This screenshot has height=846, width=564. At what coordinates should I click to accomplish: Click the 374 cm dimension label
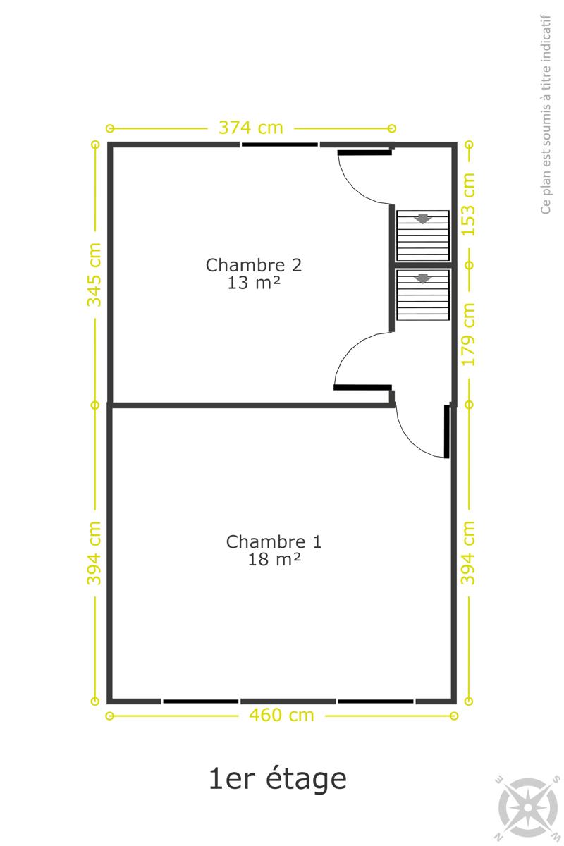[x=251, y=128]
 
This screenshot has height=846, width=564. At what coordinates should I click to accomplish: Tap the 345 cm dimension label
[x=94, y=274]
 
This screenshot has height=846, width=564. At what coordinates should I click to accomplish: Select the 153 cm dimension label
[x=468, y=204]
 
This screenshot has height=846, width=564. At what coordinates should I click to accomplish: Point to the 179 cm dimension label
[x=468, y=334]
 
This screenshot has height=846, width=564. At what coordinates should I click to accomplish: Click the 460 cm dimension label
[x=281, y=715]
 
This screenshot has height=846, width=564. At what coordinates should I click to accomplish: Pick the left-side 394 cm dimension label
[x=94, y=553]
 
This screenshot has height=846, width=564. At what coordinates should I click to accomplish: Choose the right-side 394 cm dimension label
[x=468, y=553]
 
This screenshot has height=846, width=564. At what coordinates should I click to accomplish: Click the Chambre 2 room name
[x=254, y=265]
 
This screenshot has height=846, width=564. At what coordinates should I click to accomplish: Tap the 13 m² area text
[x=254, y=283]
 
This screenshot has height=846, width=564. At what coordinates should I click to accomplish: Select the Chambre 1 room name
[x=274, y=541]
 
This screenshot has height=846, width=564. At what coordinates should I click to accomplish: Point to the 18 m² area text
[x=274, y=559]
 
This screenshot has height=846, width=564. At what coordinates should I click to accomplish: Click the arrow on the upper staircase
[x=422, y=219]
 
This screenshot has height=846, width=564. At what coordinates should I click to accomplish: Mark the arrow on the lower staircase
[x=422, y=278]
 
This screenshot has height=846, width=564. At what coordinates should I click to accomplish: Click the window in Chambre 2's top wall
[x=280, y=145]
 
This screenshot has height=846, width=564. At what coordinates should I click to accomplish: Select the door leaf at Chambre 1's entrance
[x=447, y=431]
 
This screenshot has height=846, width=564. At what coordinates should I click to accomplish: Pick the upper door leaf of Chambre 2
[x=364, y=152]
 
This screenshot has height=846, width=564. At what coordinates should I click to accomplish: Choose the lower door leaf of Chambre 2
[x=362, y=387]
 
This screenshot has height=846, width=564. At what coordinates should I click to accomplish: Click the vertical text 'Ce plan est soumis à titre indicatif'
[x=546, y=114]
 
